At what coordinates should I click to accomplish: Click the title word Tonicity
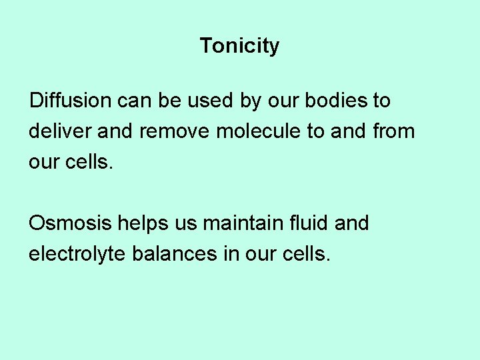(x=239, y=46)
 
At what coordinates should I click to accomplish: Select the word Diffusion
(x=71, y=101)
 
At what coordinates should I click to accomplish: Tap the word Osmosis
(x=71, y=223)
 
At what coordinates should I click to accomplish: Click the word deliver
(x=61, y=131)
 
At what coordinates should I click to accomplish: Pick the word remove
(x=175, y=131)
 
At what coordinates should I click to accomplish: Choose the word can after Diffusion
(x=136, y=101)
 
